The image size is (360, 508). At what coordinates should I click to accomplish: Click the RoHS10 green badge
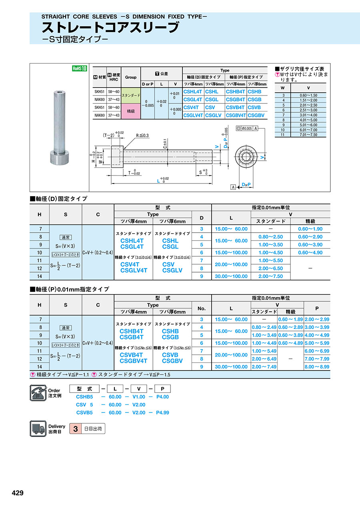point(79,68)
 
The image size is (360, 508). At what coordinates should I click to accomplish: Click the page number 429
point(18,493)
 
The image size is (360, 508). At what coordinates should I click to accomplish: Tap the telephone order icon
point(38,392)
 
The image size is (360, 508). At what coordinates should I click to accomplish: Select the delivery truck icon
point(38,428)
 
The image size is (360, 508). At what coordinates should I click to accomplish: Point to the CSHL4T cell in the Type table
point(192,92)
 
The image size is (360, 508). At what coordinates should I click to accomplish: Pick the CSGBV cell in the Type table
point(256,115)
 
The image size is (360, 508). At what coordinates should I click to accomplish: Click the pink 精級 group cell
point(130,111)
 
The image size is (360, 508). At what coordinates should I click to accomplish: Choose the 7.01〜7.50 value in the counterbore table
point(308,135)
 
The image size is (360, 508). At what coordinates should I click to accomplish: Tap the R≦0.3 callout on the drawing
point(142,135)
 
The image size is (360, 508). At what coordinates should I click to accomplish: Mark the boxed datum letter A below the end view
point(233,187)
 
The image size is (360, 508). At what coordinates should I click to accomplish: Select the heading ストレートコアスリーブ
point(110,28)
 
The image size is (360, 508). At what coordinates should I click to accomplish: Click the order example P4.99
point(162,412)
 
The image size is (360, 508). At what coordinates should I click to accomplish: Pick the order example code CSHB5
point(84,397)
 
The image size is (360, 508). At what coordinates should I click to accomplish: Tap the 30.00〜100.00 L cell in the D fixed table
point(231,276)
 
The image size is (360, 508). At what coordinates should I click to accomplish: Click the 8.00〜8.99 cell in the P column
point(317,367)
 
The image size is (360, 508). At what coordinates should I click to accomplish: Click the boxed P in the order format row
point(162,388)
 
